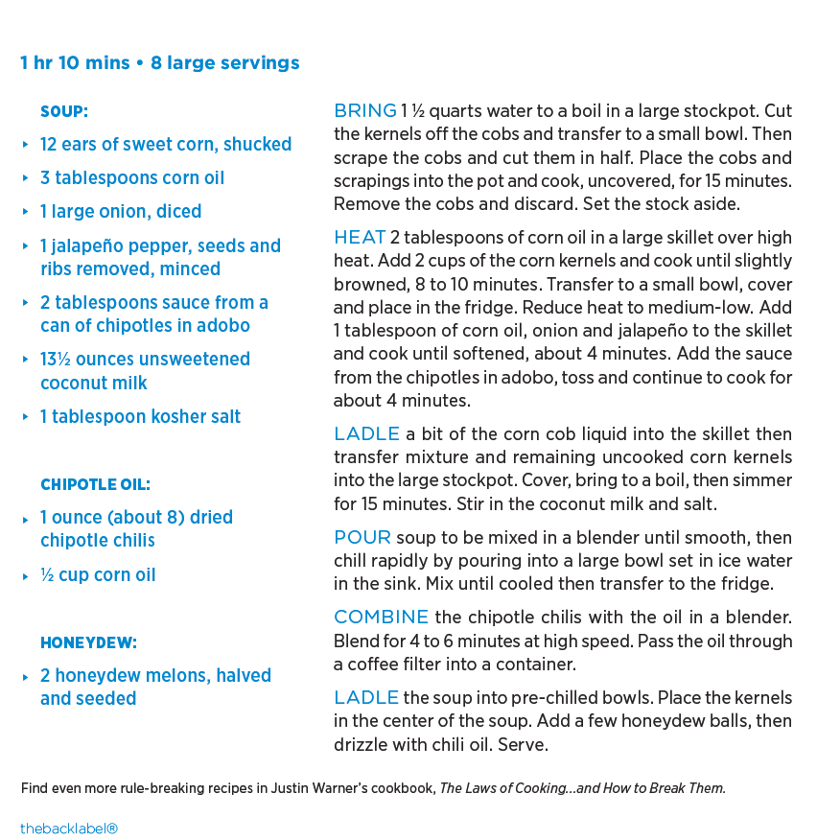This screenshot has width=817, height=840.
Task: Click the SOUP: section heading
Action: [63, 111]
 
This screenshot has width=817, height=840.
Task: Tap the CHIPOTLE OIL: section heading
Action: [95, 484]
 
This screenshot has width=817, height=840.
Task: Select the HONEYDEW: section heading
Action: [88, 642]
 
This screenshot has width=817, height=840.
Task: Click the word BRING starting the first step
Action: [364, 110]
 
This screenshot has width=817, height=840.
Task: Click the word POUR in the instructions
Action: [362, 537]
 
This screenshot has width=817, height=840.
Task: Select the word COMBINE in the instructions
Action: [381, 617]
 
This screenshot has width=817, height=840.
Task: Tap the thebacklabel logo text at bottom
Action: [68, 828]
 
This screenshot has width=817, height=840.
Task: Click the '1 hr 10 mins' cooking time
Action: [75, 63]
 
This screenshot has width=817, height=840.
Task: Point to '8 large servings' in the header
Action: [224, 63]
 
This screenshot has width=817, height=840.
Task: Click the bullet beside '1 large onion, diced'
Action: [26, 212]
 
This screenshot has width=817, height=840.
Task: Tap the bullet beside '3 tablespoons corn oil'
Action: [26, 178]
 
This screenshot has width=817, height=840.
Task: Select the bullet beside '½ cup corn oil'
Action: [26, 576]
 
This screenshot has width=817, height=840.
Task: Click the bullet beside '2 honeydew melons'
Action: [26, 677]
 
